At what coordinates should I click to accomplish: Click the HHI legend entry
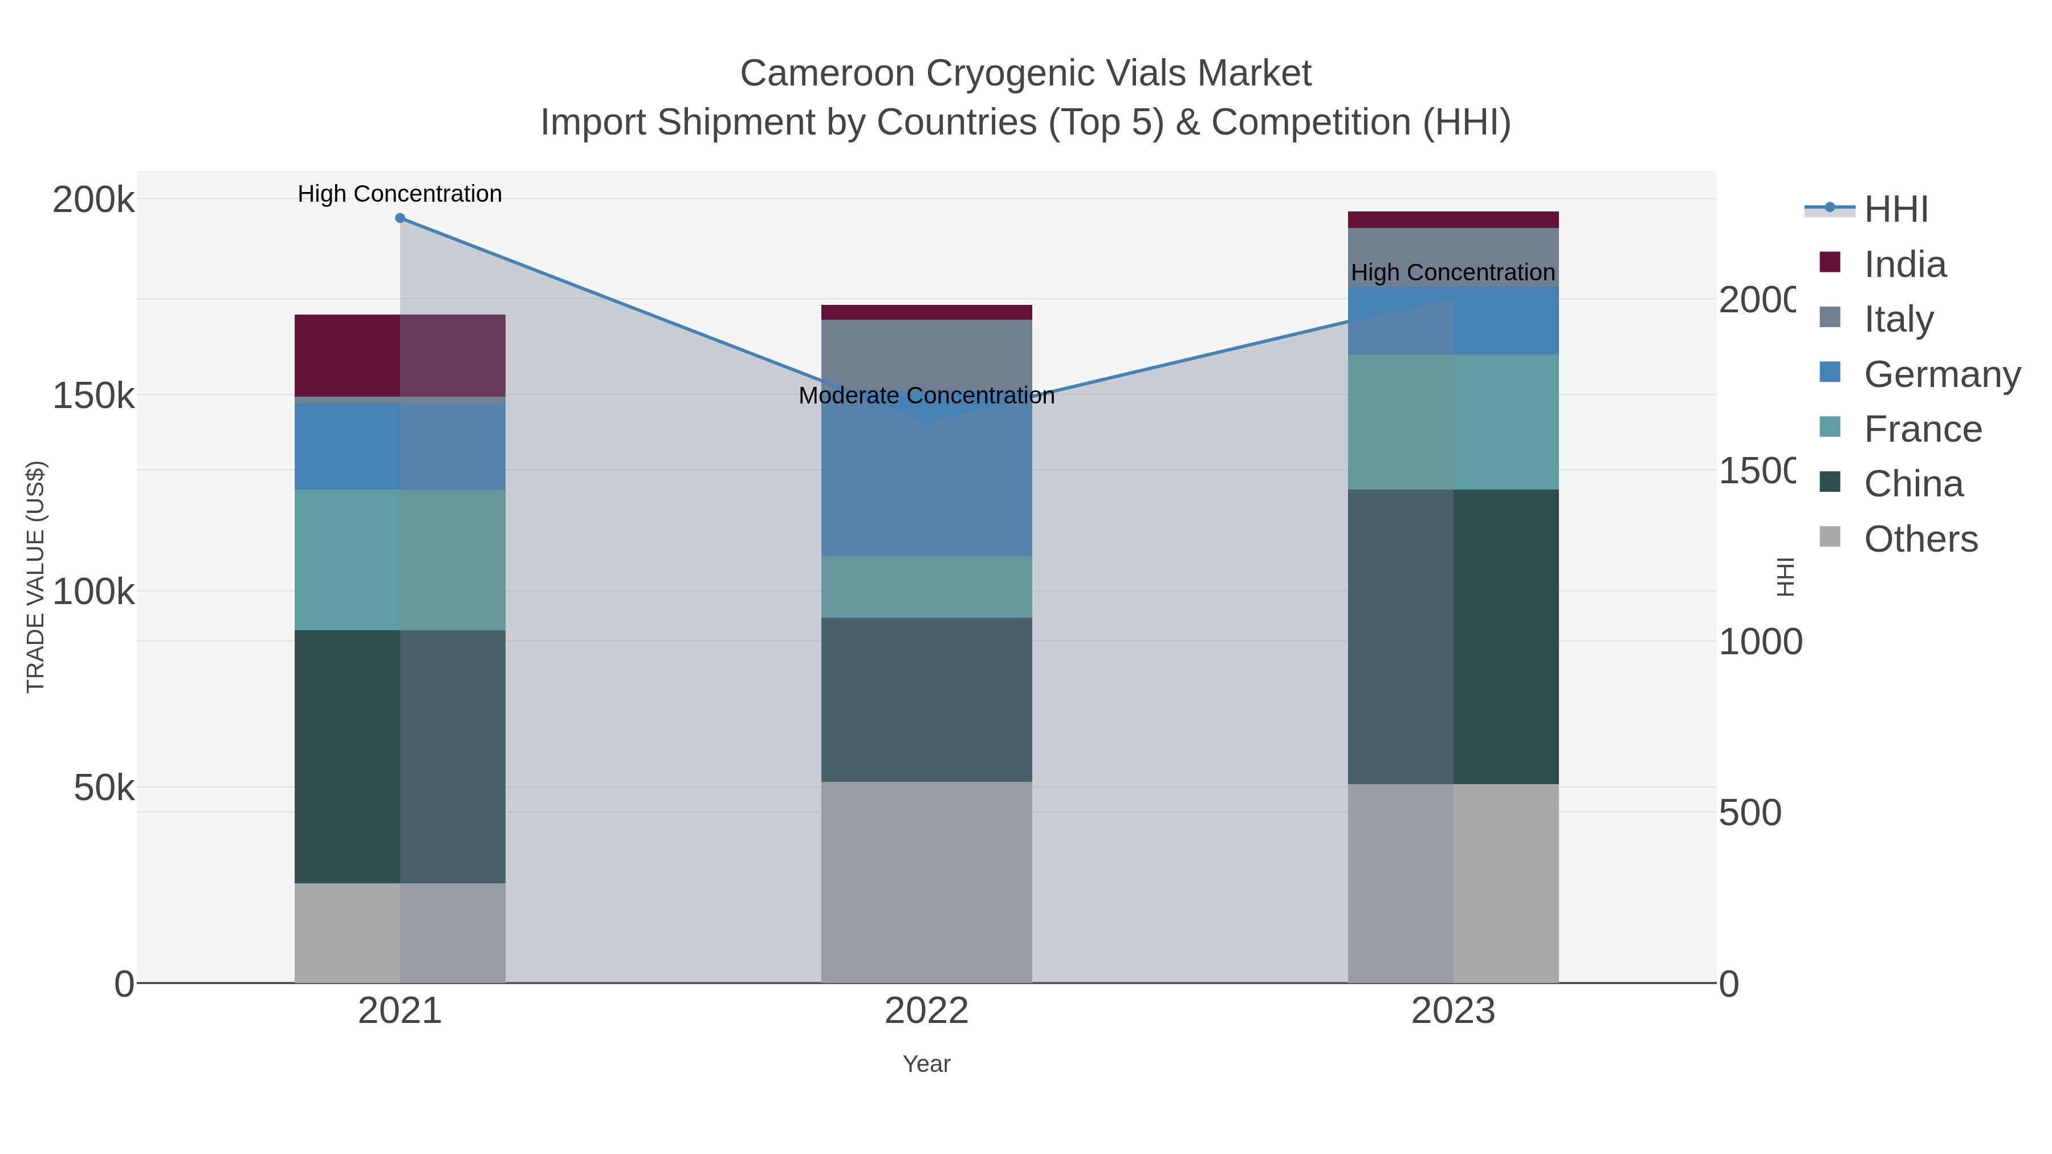coord(1895,210)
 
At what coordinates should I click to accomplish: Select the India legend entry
coord(1904,264)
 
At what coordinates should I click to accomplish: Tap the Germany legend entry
coord(1941,374)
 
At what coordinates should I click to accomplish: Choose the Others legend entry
coord(1920,539)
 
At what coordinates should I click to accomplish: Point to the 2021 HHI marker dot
coord(400,218)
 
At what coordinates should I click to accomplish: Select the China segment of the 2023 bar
coord(1453,637)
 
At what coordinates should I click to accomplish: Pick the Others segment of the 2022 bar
coord(926,882)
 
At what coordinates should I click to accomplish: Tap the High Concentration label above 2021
coord(400,194)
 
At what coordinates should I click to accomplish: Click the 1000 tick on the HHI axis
coord(1760,642)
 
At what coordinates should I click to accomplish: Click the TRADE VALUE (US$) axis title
coord(36,577)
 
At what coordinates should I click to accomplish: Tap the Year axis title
coord(926,1064)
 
